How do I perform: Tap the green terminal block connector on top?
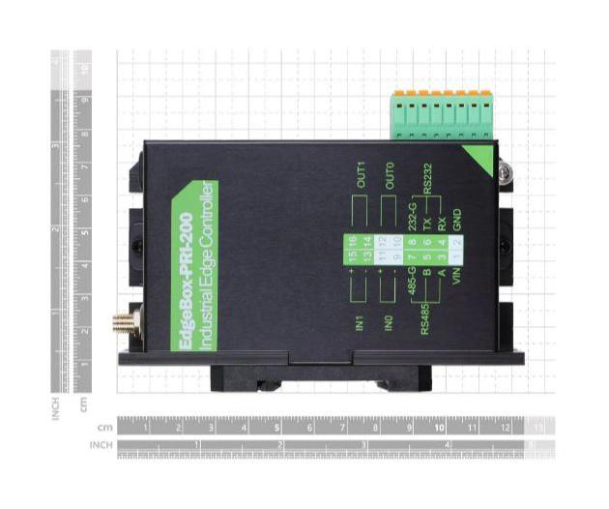tap(441, 116)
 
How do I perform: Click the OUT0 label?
tap(390, 177)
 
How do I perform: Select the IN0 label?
tap(390, 322)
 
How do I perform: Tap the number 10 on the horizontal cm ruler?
tap(440, 426)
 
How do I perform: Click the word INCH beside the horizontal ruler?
tap(101, 445)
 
